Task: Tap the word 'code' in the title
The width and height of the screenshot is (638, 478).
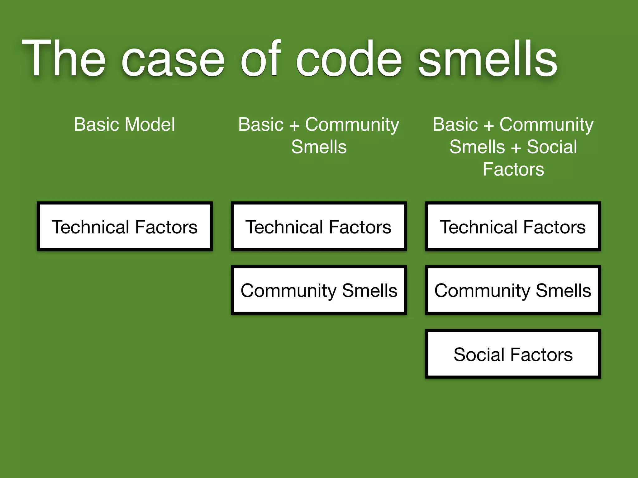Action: click(x=349, y=59)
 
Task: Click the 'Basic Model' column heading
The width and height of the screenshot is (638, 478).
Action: click(x=124, y=124)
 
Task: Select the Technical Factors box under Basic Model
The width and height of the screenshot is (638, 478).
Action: click(x=125, y=227)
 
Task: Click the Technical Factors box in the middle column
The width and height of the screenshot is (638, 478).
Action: click(x=319, y=227)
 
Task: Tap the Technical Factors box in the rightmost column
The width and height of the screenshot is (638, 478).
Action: click(x=513, y=227)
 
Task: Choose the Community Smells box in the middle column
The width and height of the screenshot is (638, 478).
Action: click(x=319, y=290)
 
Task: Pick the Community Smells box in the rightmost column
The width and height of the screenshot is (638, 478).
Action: click(x=513, y=290)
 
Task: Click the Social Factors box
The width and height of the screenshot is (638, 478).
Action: click(x=513, y=354)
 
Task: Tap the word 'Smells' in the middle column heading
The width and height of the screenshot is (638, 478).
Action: click(x=319, y=147)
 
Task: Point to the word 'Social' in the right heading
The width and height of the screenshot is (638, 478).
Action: click(x=552, y=147)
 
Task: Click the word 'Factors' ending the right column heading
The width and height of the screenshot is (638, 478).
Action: click(x=513, y=169)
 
